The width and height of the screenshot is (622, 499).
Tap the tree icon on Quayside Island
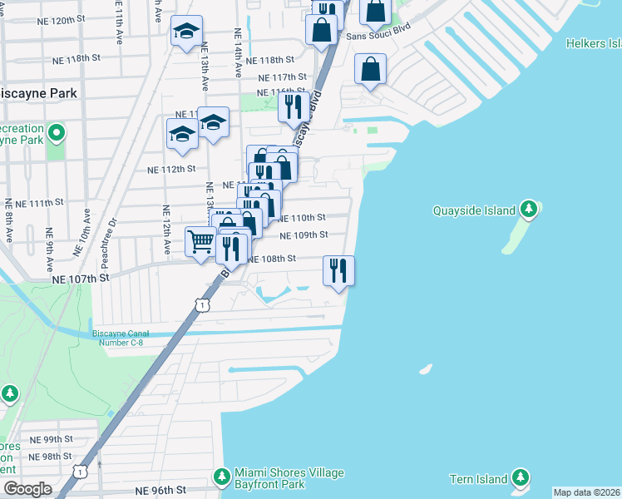pyautogui.click(x=528, y=207)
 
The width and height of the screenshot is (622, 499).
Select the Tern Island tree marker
pyautogui.click(x=520, y=477)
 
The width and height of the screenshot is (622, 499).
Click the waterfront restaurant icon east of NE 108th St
pyautogui.click(x=338, y=270)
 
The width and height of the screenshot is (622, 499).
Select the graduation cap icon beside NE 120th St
pyautogui.click(x=184, y=32)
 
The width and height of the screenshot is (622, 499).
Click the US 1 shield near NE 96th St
pyautogui.click(x=79, y=472)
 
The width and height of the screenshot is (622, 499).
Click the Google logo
pyautogui.click(x=27, y=489)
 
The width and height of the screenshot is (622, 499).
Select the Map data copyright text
pyautogui.click(x=586, y=492)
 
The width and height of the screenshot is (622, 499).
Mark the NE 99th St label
pyautogui.click(x=52, y=439)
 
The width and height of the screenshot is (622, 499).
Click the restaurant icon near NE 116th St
pyautogui.click(x=293, y=106)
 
